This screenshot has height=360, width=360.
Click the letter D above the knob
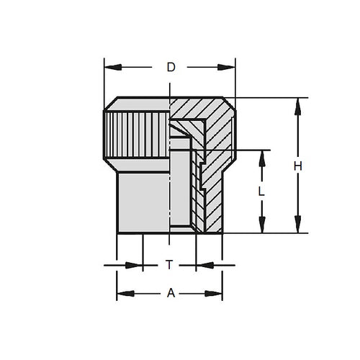(171, 67)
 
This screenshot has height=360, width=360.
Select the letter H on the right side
(297, 166)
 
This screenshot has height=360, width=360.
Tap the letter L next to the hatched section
(261, 192)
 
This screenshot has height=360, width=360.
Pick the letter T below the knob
(169, 265)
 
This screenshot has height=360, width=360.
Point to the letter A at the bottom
(170, 293)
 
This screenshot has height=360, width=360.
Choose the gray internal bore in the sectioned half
(181, 187)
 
